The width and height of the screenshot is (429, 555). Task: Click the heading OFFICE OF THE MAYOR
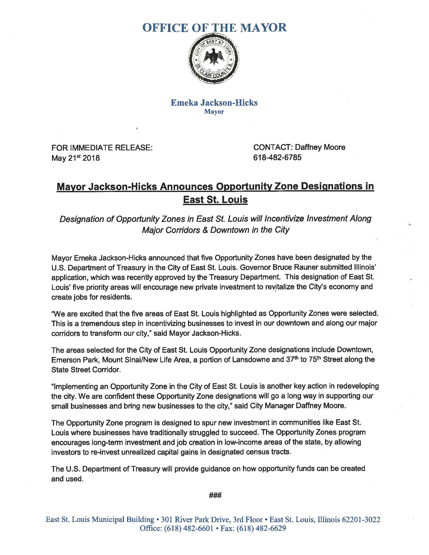215,27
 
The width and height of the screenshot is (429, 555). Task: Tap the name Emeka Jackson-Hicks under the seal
214,102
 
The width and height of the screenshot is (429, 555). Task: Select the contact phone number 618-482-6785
277,158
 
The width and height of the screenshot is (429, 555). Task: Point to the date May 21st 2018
75,158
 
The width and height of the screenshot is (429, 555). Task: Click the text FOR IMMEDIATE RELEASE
102,147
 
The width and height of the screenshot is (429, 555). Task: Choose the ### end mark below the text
215,495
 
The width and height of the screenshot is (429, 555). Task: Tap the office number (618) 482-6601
189,528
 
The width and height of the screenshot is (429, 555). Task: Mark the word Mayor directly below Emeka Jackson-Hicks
214,112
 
